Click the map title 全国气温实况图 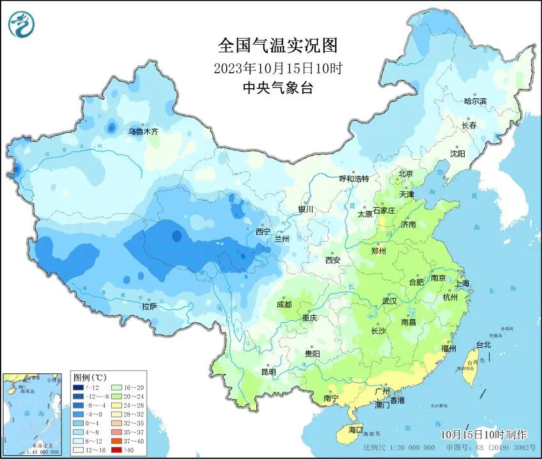[277, 46]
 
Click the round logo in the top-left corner [21, 24]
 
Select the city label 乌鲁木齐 [142, 132]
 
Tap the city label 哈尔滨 [475, 101]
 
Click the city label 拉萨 [149, 307]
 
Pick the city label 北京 [406, 173]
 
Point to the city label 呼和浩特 [353, 179]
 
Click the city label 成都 [284, 305]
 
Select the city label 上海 [462, 283]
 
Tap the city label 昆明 [268, 371]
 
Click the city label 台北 [483, 345]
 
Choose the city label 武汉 [389, 300]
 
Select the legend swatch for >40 [117, 449]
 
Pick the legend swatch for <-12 [79, 387]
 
